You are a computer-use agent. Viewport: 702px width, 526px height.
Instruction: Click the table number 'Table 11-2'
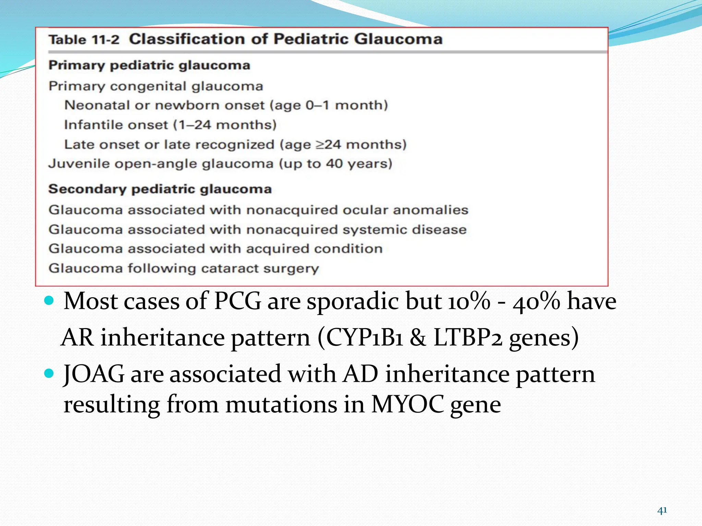click(84, 40)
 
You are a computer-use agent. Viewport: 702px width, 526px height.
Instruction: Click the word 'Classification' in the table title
click(186, 39)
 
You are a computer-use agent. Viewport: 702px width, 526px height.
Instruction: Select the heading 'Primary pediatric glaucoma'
click(149, 65)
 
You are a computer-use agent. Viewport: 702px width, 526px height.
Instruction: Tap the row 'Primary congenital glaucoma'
click(156, 86)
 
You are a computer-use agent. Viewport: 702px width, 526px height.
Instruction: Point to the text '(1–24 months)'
click(225, 125)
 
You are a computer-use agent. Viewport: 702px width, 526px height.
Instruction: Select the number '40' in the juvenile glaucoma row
click(334, 164)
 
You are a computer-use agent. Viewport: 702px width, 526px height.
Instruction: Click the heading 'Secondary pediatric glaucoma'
click(160, 189)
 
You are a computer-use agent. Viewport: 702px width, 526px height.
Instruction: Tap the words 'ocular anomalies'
click(405, 210)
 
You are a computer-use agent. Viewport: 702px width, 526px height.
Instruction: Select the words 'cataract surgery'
click(260, 268)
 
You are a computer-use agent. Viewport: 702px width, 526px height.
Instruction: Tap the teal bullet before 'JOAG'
click(49, 373)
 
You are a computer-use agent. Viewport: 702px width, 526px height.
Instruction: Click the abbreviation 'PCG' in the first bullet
click(237, 301)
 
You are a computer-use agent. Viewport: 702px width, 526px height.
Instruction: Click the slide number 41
click(662, 511)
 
